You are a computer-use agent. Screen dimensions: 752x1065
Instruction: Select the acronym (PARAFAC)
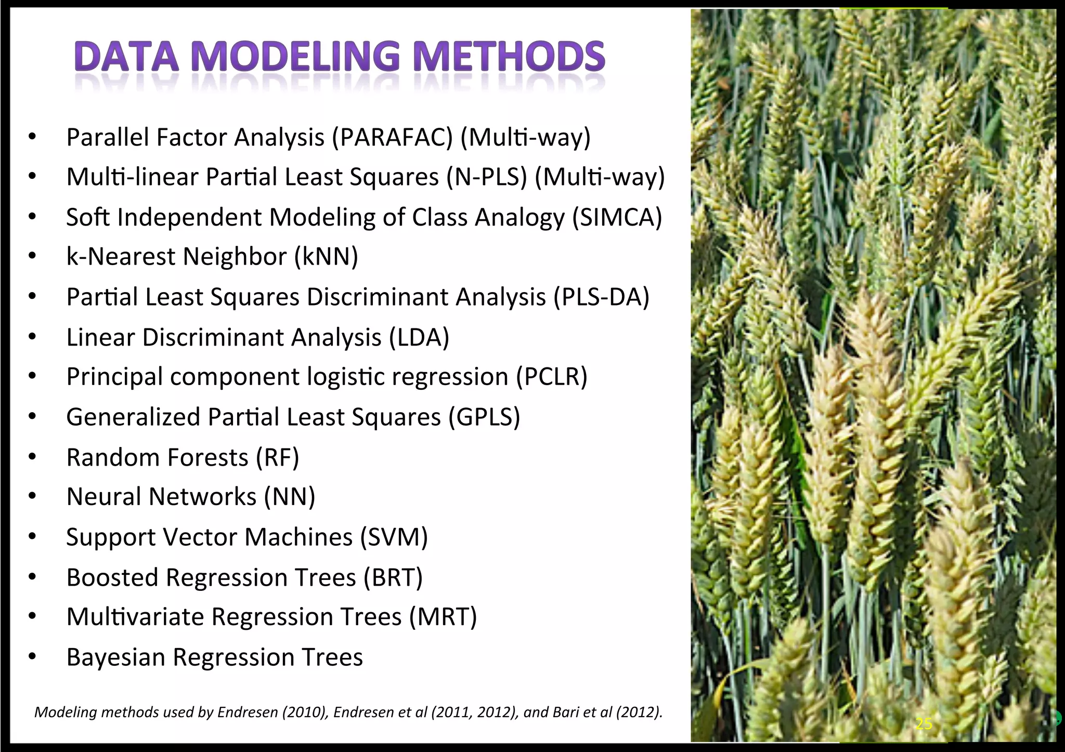pyautogui.click(x=393, y=138)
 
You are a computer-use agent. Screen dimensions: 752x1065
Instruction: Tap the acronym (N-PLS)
pyautogui.click(x=486, y=177)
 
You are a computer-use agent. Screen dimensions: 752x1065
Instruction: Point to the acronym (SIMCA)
pyautogui.click(x=617, y=217)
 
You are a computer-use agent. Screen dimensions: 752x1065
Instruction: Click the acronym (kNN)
pyautogui.click(x=326, y=257)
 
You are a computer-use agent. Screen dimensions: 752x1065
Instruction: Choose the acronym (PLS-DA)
pyautogui.click(x=601, y=297)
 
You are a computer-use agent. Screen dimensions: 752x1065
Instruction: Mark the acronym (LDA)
pyautogui.click(x=419, y=337)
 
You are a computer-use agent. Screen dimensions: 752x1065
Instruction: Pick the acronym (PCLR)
pyautogui.click(x=551, y=377)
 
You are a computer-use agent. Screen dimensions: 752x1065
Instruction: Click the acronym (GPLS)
pyautogui.click(x=484, y=417)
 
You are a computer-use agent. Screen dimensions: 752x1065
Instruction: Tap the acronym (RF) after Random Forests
pyautogui.click(x=277, y=457)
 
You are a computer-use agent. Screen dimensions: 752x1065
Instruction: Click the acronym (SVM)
pyautogui.click(x=394, y=537)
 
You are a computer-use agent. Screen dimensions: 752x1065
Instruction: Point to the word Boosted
pyautogui.click(x=112, y=577)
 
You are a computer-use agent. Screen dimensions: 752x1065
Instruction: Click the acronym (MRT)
pyautogui.click(x=443, y=617)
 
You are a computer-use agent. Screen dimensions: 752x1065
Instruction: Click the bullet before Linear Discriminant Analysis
pyautogui.click(x=32, y=337)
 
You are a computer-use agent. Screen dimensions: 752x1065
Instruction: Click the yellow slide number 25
pyautogui.click(x=924, y=723)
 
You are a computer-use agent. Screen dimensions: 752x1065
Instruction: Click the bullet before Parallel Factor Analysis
pyautogui.click(x=32, y=138)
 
